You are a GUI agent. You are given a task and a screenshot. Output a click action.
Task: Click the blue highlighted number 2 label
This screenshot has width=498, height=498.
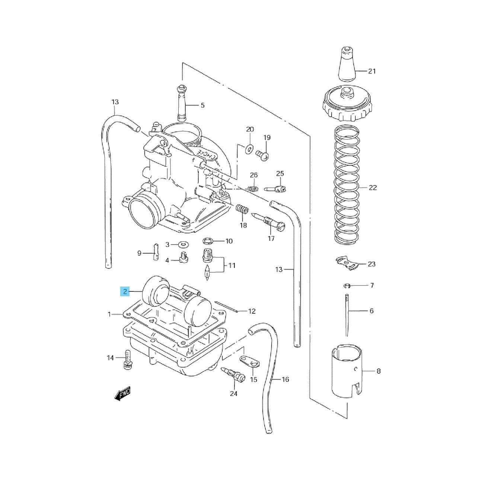125,292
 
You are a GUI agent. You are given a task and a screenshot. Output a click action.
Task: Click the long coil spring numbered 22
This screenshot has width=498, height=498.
347,187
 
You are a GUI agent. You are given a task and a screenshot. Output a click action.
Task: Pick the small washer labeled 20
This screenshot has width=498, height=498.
249,149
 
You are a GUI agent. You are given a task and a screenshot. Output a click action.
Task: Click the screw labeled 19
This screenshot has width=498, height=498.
262,155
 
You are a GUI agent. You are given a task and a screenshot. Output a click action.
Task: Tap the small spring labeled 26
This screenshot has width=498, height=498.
253,189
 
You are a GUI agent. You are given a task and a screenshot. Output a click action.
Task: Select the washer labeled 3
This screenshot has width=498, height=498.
183,244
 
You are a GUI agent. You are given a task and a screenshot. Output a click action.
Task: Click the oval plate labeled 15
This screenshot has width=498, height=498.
250,361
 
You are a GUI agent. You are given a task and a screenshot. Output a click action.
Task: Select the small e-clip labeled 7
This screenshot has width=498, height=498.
347,285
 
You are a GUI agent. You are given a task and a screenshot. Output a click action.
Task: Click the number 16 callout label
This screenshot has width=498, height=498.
285,379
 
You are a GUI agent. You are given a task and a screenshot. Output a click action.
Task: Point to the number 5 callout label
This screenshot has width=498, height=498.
202,105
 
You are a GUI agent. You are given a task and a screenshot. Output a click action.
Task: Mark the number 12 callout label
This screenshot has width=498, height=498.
252,311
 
